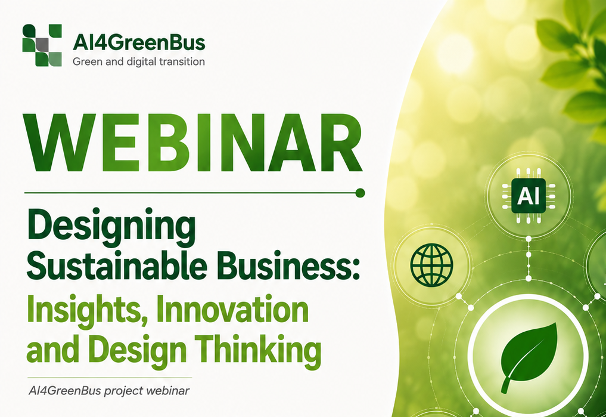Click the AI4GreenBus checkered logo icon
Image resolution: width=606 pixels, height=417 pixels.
(x=42, y=45)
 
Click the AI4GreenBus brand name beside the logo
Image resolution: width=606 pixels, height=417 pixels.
(x=139, y=42)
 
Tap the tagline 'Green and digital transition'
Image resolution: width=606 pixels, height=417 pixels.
(x=139, y=61)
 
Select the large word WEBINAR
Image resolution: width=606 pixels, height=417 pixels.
(x=193, y=143)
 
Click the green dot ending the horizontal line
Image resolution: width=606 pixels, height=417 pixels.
(x=360, y=193)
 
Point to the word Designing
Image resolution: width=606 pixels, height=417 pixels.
(x=111, y=227)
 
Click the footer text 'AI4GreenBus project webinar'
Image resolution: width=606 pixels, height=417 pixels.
(x=109, y=391)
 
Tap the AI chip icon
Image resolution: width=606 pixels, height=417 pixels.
(x=529, y=196)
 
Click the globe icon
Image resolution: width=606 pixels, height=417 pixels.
(x=431, y=265)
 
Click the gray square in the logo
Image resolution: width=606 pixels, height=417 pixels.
(x=42, y=45)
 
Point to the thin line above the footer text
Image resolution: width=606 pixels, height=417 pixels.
(x=110, y=378)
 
